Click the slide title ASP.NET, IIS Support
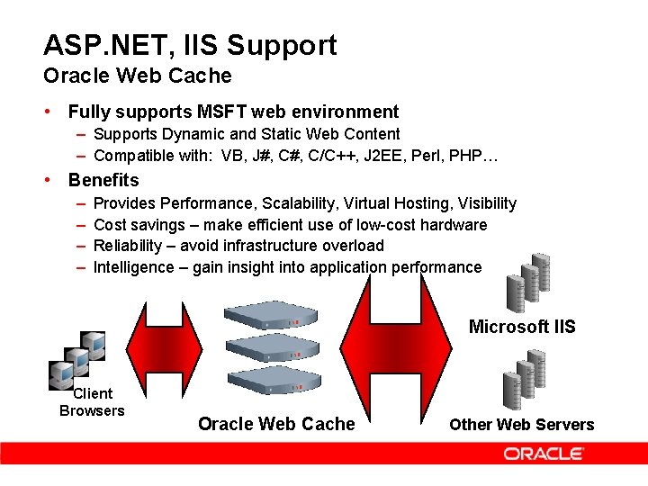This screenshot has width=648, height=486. (190, 45)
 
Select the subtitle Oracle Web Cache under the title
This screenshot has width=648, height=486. (137, 76)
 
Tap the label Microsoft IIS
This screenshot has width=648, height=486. (521, 326)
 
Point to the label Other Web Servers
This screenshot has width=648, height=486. (521, 425)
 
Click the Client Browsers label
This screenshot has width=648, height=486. (92, 402)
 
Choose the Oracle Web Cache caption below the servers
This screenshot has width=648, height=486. (276, 424)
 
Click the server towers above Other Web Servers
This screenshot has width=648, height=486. (523, 380)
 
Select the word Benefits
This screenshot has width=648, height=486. (103, 180)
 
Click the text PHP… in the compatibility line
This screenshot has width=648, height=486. (478, 156)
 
